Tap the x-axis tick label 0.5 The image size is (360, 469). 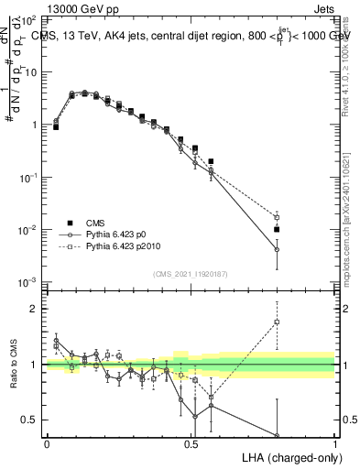tap(191, 443)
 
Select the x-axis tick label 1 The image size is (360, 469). tap(334, 443)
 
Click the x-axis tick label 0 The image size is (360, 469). tap(47, 443)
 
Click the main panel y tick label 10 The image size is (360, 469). tap(29, 71)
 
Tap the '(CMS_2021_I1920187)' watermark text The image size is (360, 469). tap(191, 275)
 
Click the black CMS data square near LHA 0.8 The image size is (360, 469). tap(277, 229)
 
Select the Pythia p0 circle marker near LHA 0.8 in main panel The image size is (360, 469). tap(277, 249)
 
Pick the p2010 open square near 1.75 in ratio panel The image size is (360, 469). tap(277, 322)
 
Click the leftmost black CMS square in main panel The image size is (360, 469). tap(56, 127)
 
